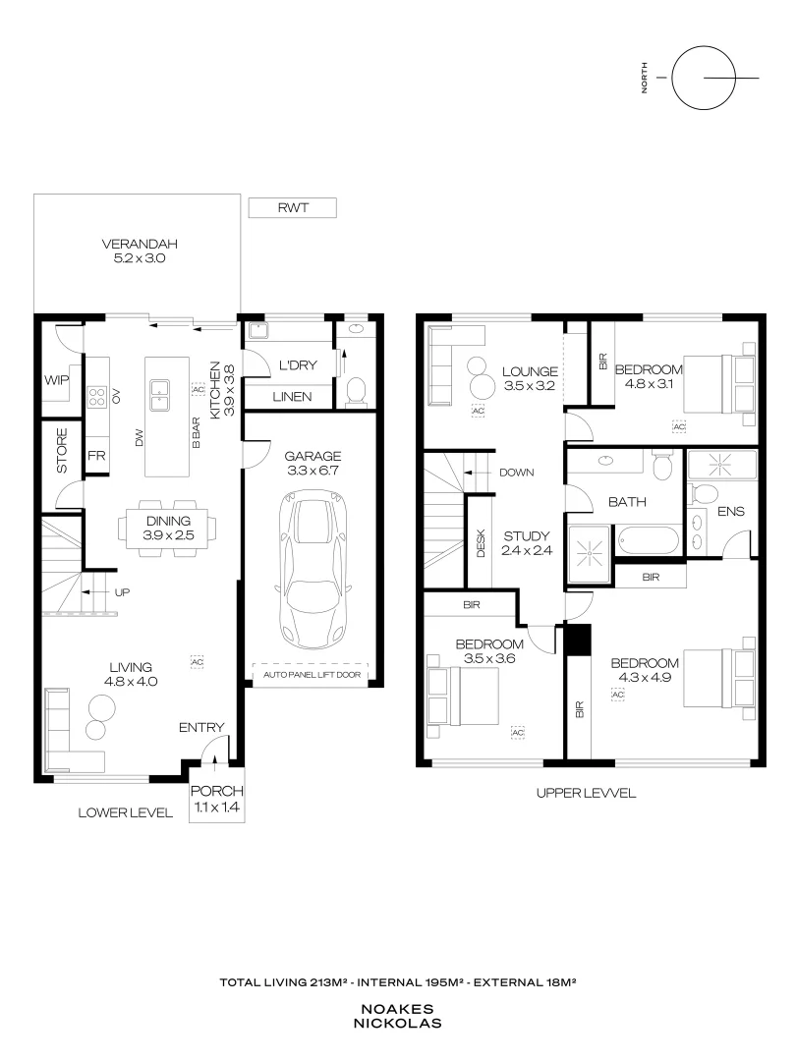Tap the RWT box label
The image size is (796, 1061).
[292, 207]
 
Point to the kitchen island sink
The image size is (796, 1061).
[158, 396]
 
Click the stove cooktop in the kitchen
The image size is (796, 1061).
[98, 396]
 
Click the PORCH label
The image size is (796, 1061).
[216, 792]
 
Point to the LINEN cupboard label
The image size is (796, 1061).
[291, 396]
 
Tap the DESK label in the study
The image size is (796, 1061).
[481, 544]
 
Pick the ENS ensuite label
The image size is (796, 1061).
[730, 512]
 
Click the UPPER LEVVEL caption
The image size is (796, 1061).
[586, 793]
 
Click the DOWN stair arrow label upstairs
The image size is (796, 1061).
[516, 472]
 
